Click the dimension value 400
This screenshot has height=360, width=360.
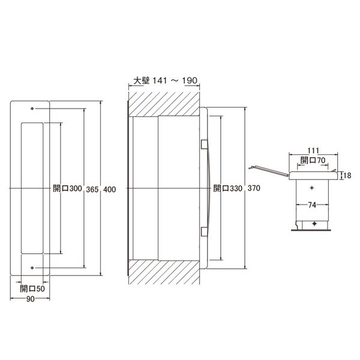click(110, 190)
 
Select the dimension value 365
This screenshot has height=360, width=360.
click(92, 190)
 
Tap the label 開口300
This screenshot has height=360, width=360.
click(67, 188)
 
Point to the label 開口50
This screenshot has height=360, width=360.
click(32, 289)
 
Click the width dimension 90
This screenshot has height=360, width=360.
click(31, 299)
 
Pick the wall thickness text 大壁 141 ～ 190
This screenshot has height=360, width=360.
click(166, 80)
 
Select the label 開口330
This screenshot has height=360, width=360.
click(228, 188)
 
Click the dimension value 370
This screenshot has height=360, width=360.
click(254, 188)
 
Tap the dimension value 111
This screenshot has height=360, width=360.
click(313, 151)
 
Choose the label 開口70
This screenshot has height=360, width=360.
click(313, 160)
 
